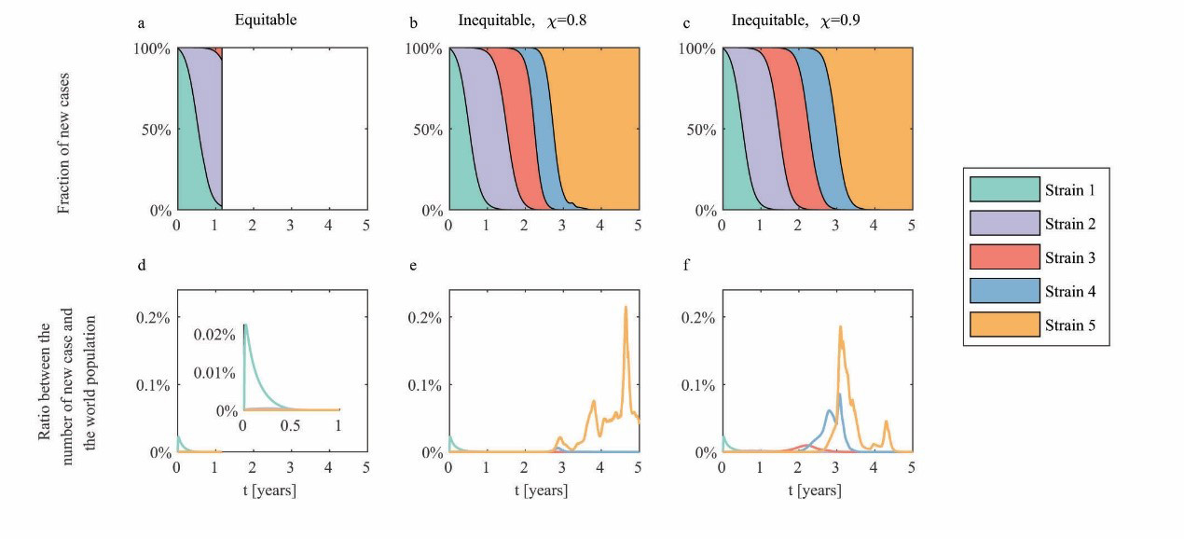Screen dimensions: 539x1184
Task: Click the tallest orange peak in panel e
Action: [626, 307]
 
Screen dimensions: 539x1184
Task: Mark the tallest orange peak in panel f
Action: [840, 327]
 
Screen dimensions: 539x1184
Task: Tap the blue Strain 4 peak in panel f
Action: [839, 394]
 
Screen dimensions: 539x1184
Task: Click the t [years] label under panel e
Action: [544, 490]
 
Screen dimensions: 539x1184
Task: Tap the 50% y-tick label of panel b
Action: [428, 130]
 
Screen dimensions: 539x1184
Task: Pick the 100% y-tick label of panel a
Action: [152, 48]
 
